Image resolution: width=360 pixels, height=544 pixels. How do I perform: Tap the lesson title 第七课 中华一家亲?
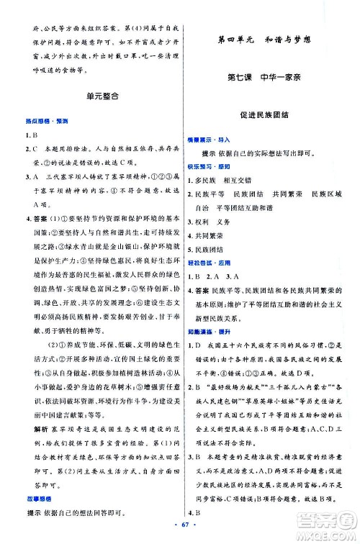(266, 77)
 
